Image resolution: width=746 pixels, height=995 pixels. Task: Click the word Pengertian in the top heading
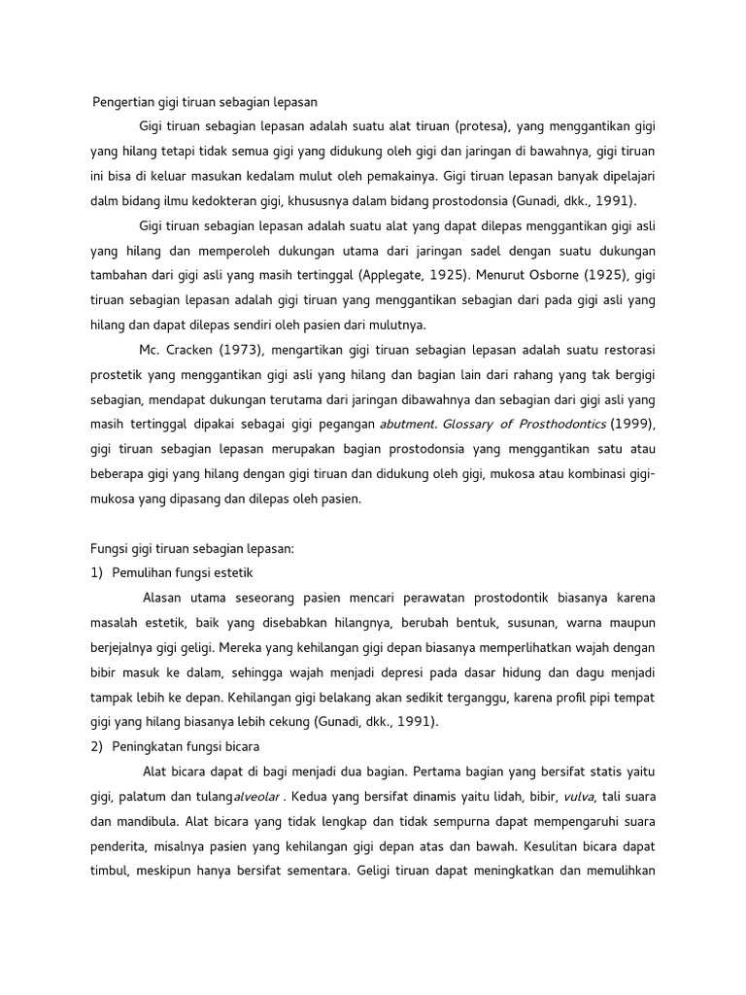[122, 101]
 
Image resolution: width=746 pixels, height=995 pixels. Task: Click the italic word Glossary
[476, 425]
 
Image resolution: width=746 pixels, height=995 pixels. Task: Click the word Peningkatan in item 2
[154, 746]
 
